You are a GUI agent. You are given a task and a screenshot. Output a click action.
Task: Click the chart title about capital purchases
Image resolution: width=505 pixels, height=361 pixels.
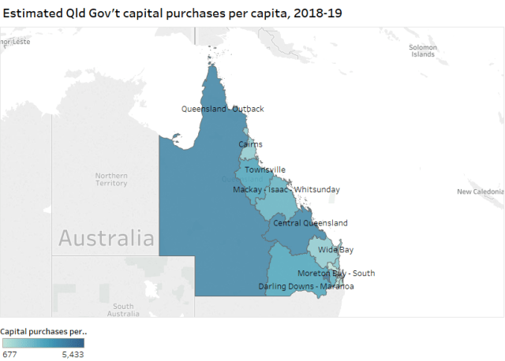pos(173,13)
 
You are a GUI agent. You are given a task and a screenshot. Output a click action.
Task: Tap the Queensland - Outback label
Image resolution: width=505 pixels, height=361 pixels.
pos(223,109)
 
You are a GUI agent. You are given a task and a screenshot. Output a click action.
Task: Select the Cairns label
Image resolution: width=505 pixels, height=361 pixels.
pos(251,144)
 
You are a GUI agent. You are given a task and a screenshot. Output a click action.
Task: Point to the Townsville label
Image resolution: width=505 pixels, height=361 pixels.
pos(265,169)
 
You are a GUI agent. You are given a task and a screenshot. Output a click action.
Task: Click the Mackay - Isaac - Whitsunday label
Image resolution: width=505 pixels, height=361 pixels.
pos(286,189)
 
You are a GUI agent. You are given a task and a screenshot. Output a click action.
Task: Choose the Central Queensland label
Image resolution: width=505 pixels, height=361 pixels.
pos(310,223)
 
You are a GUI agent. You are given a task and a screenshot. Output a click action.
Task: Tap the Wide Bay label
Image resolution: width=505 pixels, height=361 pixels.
pos(336,250)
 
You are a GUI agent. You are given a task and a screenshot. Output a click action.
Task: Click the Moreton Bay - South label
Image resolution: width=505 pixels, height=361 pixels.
pos(336,274)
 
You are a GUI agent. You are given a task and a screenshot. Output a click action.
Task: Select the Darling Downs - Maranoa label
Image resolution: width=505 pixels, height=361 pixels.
pos(306,286)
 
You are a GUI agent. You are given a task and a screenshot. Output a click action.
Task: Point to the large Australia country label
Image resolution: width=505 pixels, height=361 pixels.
pos(106,237)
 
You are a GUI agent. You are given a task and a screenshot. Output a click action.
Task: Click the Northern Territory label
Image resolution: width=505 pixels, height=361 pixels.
pos(110,179)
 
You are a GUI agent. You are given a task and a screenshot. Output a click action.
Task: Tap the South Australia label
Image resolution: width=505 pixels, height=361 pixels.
pos(122,310)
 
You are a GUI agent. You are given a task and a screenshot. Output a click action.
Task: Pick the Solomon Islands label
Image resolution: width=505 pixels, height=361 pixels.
pos(422,51)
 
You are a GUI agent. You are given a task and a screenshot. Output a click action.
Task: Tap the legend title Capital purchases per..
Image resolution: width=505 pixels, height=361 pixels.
pos(43,332)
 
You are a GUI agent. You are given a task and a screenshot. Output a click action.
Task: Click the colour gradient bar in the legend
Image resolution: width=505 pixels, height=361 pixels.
pos(43,344)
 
